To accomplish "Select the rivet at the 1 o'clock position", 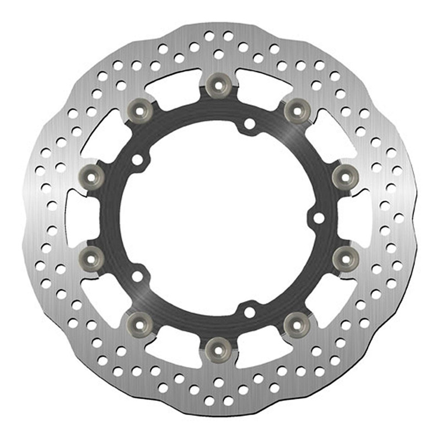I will (x=298, y=110).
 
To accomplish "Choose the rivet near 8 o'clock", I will (x=93, y=256).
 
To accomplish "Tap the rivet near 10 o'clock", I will (x=93, y=175).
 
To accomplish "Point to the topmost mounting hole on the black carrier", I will (x=250, y=123).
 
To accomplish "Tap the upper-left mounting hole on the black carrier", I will (x=137, y=159).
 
